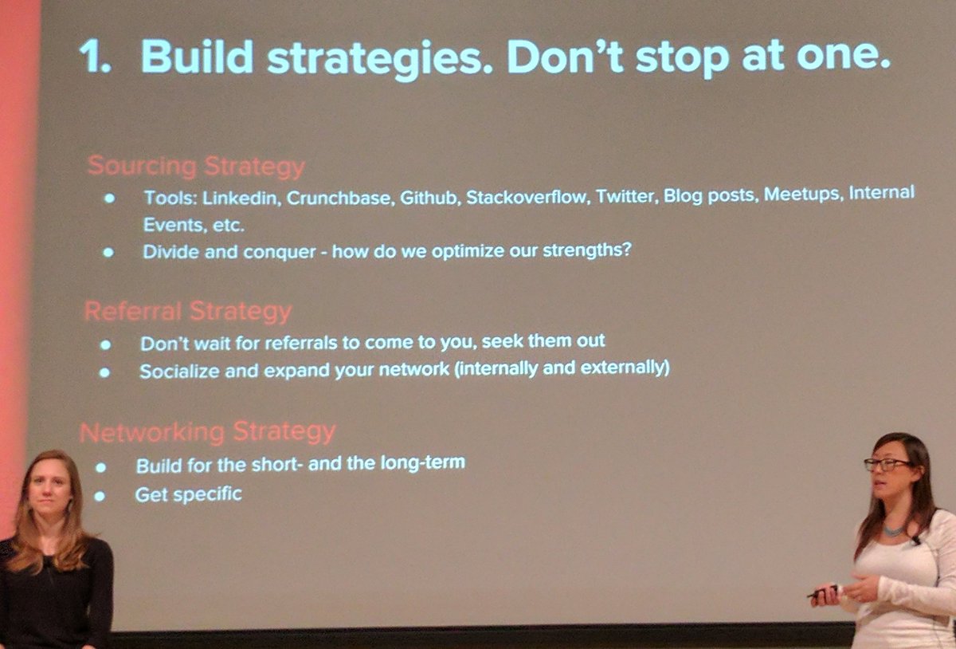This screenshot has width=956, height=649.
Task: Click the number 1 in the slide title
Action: click(x=92, y=57)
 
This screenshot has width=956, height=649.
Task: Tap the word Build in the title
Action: click(x=197, y=57)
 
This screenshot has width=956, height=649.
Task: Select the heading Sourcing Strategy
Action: click(x=196, y=167)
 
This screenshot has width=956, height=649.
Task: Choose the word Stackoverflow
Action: click(x=526, y=197)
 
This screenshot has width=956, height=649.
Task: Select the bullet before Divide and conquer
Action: click(x=108, y=253)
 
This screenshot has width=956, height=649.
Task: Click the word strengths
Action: click(x=586, y=250)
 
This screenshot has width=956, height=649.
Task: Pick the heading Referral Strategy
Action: click(x=188, y=311)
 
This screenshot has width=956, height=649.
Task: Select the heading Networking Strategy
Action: click(x=207, y=432)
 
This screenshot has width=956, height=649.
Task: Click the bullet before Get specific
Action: click(x=100, y=496)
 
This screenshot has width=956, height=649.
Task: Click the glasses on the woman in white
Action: click(x=886, y=465)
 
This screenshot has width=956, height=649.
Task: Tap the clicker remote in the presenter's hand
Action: click(x=822, y=592)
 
